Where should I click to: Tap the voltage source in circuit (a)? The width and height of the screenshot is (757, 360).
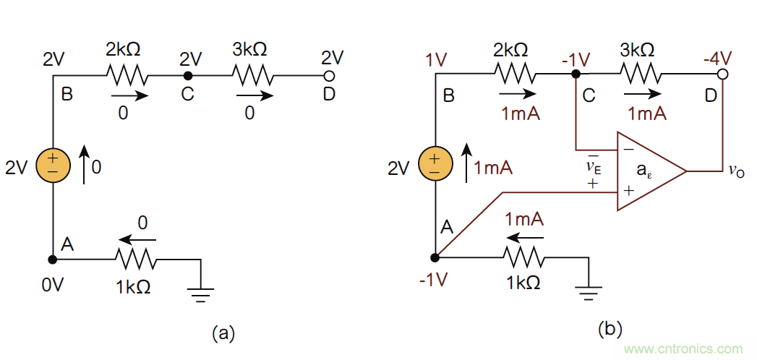pos(53,164)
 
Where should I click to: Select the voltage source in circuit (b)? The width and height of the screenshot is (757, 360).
pos(434,164)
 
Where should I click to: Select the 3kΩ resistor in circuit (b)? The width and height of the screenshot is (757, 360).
pos(638,74)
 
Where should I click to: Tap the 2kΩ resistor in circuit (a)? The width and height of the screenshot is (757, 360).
pos(127,74)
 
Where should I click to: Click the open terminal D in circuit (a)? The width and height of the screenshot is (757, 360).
pos(329,75)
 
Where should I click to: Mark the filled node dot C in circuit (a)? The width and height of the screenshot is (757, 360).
pos(187,75)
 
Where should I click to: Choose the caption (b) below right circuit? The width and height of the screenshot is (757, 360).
pos(610,329)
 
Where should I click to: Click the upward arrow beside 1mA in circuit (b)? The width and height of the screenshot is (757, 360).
pos(466,161)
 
